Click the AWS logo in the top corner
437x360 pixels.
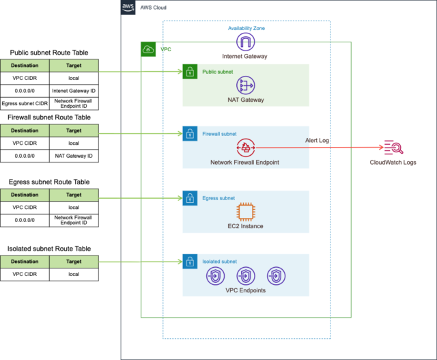128,8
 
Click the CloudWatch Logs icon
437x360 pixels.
393,148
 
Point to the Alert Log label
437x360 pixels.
317,140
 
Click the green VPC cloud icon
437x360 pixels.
148,49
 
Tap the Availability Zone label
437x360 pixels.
246,28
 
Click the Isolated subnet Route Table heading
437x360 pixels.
49,249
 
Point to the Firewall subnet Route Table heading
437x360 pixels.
49,117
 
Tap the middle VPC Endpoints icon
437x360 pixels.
246,276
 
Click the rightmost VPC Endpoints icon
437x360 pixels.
277,276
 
